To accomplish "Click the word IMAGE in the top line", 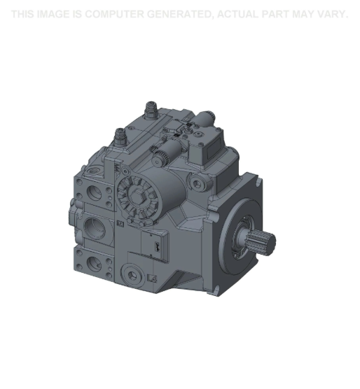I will click(x=52, y=15).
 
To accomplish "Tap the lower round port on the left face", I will click(x=95, y=265).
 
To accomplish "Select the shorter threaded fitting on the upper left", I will click(x=120, y=136).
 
